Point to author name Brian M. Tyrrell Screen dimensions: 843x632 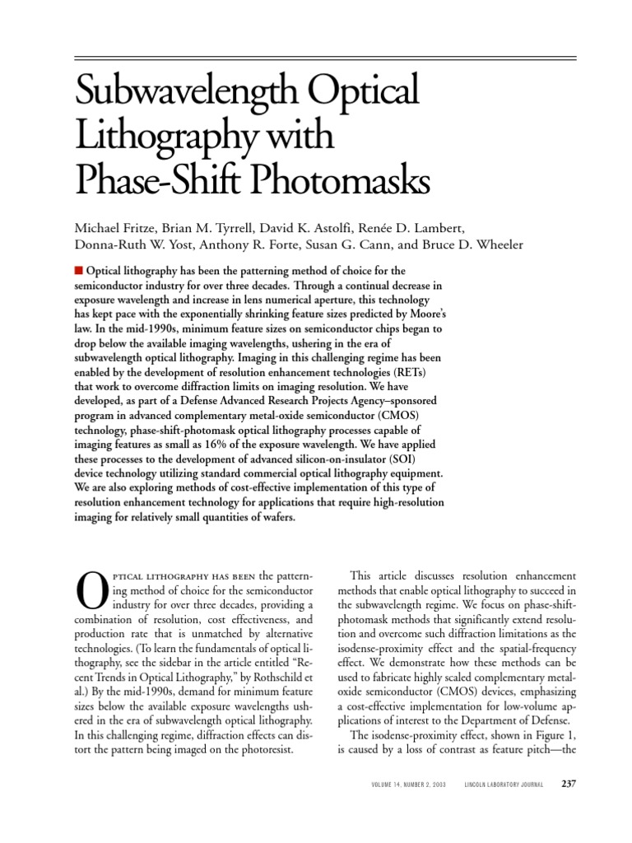tap(213, 227)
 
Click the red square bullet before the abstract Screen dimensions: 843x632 tap(79, 270)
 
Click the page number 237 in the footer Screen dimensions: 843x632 tap(567, 784)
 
